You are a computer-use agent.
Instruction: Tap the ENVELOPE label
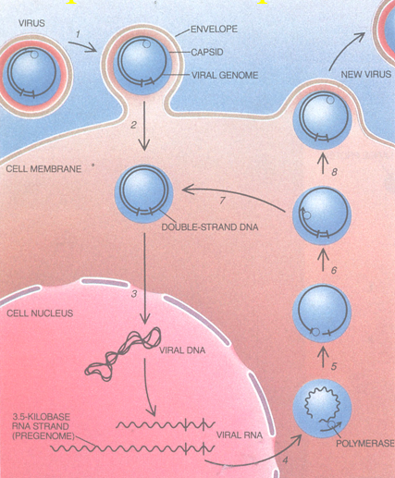228,32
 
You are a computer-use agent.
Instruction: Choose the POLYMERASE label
364,445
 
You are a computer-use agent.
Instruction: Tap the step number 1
80,34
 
